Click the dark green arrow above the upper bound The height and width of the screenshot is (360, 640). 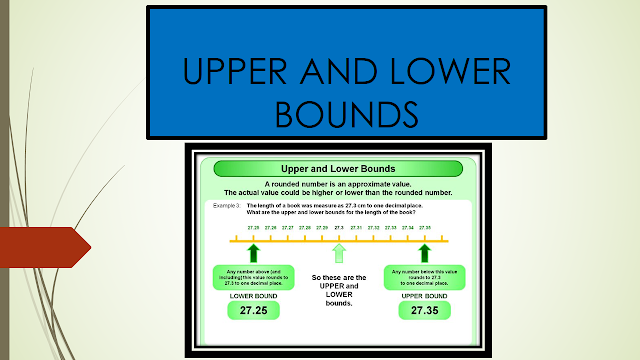pyautogui.click(x=424, y=253)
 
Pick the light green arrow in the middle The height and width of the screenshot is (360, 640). pyautogui.click(x=339, y=253)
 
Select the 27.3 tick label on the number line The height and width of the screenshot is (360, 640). pyautogui.click(x=339, y=228)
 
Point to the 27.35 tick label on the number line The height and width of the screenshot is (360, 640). pyautogui.click(x=424, y=228)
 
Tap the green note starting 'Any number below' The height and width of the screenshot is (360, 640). pyautogui.click(x=424, y=277)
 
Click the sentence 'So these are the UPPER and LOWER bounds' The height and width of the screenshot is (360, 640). pyautogui.click(x=339, y=289)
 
